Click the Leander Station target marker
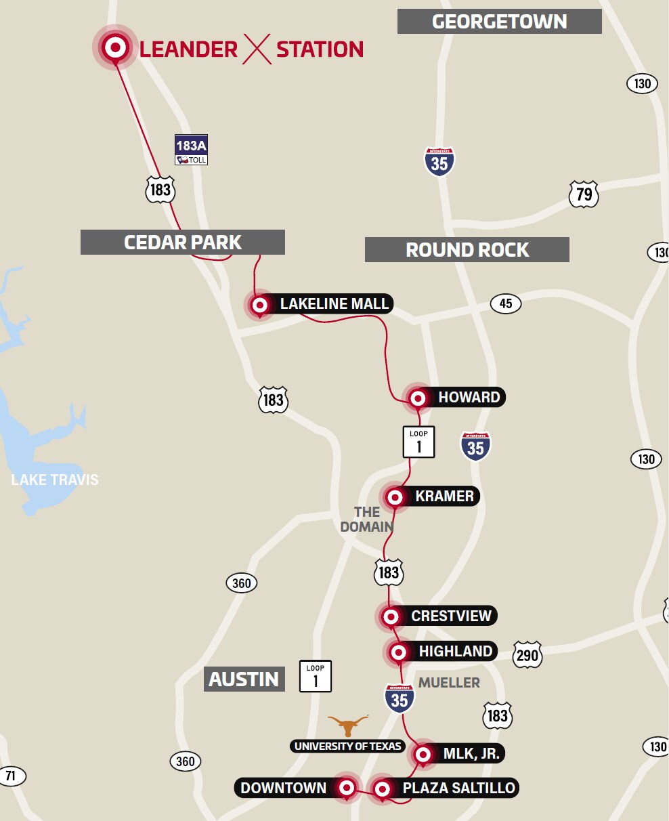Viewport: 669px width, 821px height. pyautogui.click(x=115, y=48)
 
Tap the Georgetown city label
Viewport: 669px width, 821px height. pyautogui.click(x=499, y=22)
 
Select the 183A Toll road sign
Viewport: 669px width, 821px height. pyautogui.click(x=191, y=150)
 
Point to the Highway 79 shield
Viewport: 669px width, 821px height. pyautogui.click(x=584, y=194)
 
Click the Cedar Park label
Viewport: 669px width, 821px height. pyautogui.click(x=182, y=243)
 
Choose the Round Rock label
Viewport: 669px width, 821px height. pyautogui.click(x=467, y=249)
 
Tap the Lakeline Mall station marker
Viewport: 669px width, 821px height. pyautogui.click(x=260, y=306)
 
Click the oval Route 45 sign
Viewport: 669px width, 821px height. pyautogui.click(x=505, y=303)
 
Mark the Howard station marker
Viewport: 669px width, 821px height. pyautogui.click(x=418, y=398)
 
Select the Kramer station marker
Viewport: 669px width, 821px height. pyautogui.click(x=395, y=497)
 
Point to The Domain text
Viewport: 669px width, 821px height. pyautogui.click(x=367, y=519)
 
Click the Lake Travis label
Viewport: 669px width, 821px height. pyautogui.click(x=55, y=480)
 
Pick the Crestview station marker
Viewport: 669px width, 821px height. pyautogui.click(x=391, y=616)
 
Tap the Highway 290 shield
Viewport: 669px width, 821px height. pyautogui.click(x=527, y=655)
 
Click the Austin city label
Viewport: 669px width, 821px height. pyautogui.click(x=244, y=679)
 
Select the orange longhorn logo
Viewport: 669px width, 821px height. pyautogui.click(x=348, y=725)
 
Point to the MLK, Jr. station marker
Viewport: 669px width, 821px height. pyautogui.click(x=423, y=754)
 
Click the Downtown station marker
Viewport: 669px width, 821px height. pyautogui.click(x=347, y=788)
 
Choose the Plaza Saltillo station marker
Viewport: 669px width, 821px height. pyautogui.click(x=383, y=788)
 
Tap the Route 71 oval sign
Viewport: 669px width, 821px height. pyautogui.click(x=11, y=776)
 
